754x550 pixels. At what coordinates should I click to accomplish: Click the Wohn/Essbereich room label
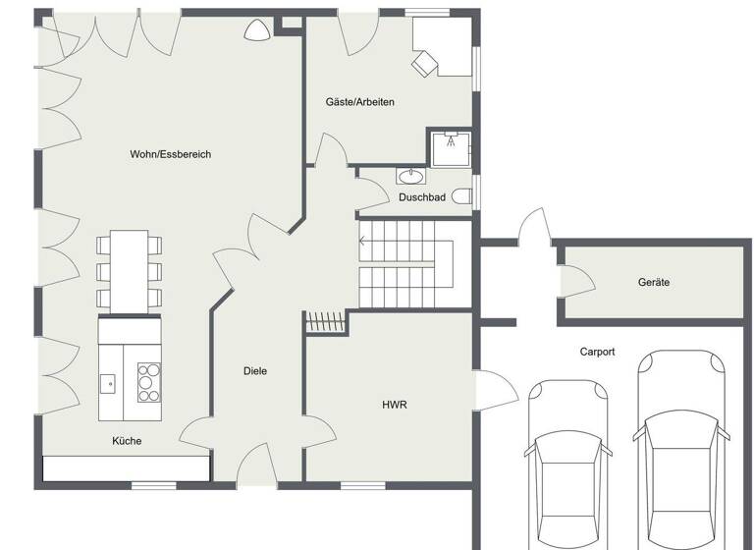(170, 154)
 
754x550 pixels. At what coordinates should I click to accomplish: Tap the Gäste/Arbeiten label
(359, 101)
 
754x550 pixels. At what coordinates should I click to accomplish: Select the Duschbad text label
(421, 197)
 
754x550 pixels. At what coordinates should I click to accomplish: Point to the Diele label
(255, 370)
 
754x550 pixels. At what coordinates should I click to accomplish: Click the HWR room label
(395, 404)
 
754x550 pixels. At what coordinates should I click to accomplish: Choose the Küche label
(127, 441)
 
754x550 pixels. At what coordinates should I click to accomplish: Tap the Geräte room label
(654, 282)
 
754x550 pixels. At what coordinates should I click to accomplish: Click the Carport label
(597, 351)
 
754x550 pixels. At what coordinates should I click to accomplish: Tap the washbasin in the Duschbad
(410, 177)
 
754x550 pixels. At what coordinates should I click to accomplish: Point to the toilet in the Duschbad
(463, 196)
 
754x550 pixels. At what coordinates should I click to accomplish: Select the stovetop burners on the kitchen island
(148, 382)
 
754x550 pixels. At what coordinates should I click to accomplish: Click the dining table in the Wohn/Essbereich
(128, 269)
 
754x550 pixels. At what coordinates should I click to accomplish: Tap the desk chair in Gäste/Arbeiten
(425, 64)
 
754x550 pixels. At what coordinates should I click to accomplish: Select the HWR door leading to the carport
(497, 390)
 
